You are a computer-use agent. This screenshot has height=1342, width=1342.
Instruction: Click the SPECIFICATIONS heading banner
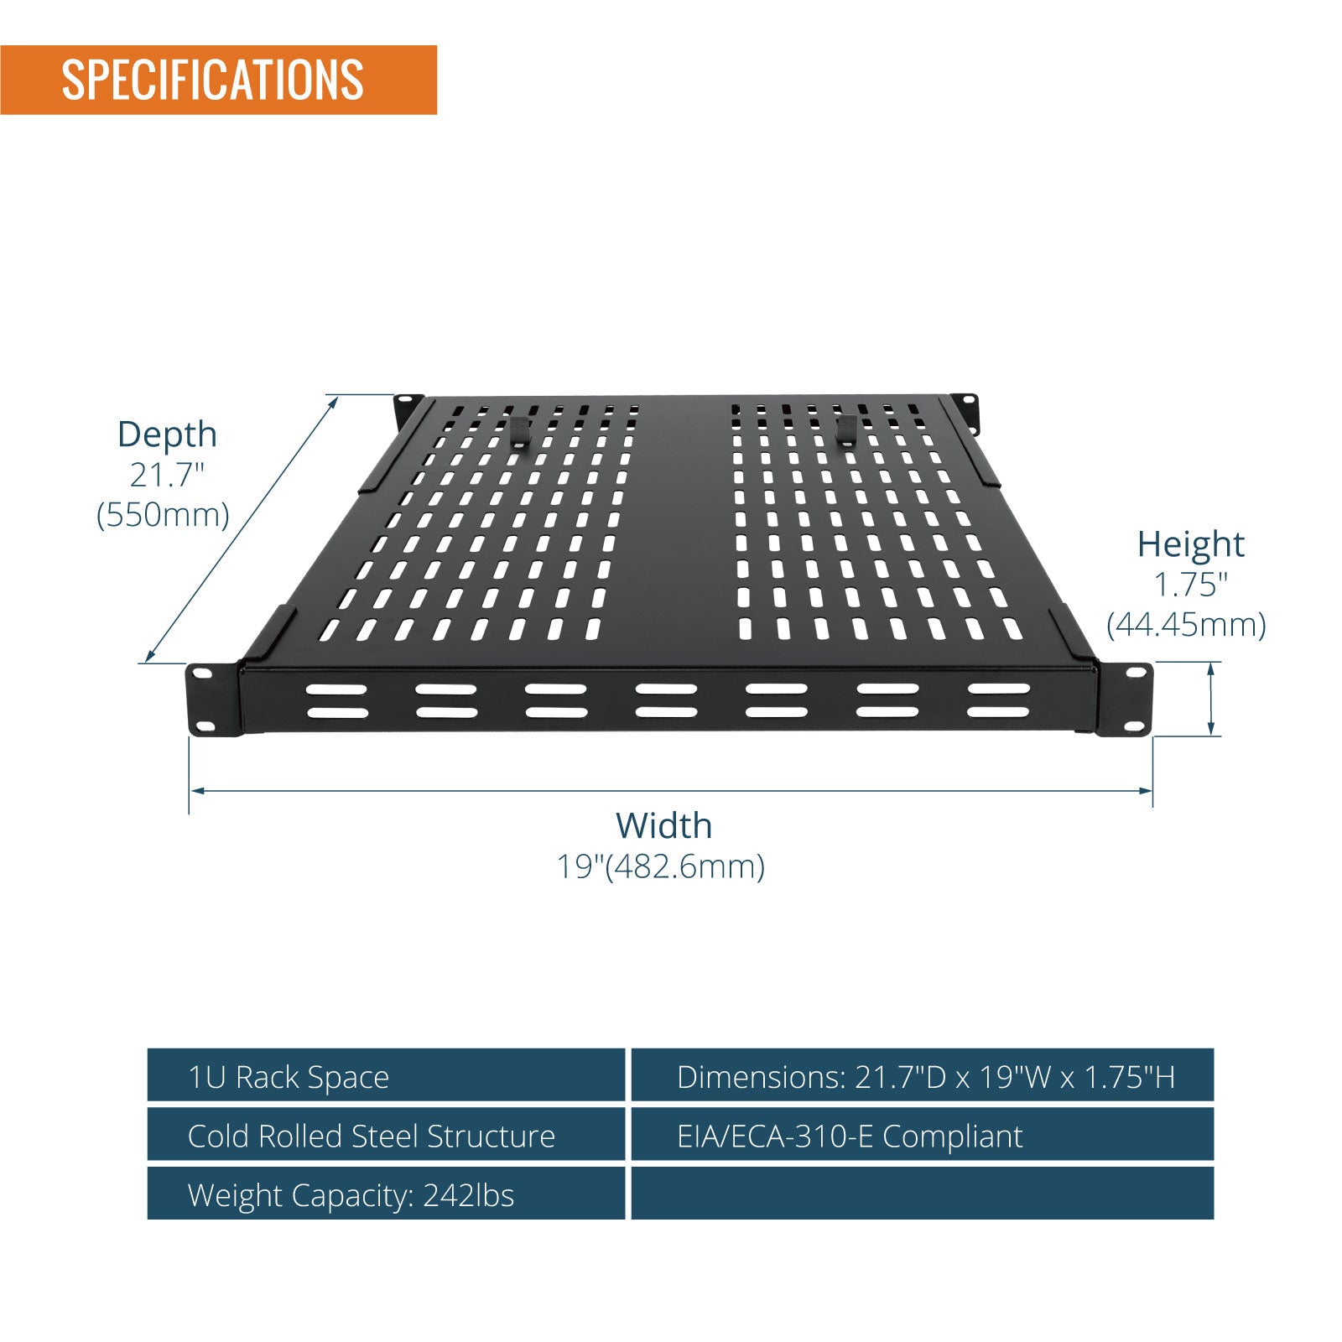click(x=218, y=80)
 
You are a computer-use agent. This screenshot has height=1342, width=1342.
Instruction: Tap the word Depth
click(x=167, y=434)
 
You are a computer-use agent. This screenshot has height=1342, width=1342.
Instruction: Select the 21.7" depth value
click(x=167, y=475)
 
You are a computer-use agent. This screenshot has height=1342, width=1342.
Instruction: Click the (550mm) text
click(x=163, y=514)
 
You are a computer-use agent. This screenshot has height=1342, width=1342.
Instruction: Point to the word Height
click(x=1190, y=544)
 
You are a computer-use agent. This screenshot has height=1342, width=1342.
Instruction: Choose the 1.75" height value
click(x=1190, y=585)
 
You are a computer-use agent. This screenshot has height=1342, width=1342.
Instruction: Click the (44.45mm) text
click(x=1186, y=625)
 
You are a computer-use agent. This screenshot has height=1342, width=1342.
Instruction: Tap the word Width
click(x=663, y=826)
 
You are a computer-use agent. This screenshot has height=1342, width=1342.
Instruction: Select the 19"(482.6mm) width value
click(x=661, y=866)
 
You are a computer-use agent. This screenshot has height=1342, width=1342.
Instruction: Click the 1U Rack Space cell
click(x=387, y=1075)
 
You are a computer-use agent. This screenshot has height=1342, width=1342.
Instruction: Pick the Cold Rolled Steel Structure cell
click(x=387, y=1134)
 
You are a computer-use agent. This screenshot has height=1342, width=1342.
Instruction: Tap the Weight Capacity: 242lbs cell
click(x=387, y=1194)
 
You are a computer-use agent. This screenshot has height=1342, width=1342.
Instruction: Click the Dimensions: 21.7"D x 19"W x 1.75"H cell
click(x=923, y=1075)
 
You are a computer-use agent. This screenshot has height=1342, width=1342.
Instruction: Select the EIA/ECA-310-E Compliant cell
click(x=923, y=1134)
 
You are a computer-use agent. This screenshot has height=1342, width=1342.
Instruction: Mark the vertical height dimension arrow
click(x=1211, y=699)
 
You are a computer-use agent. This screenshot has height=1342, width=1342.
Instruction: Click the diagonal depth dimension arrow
click(x=242, y=529)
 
